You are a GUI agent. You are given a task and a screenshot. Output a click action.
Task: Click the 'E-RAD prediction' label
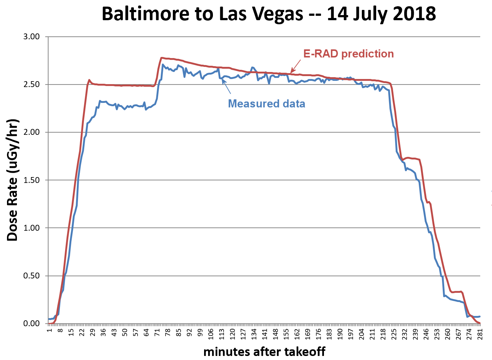click(348, 54)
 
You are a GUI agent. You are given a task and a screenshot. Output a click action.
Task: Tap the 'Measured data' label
click(267, 104)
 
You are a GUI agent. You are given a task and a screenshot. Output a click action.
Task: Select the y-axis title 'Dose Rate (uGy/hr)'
click(13, 180)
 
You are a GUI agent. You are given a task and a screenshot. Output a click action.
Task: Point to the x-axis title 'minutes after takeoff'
click(264, 352)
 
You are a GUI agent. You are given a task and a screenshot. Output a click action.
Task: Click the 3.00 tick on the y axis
click(32, 37)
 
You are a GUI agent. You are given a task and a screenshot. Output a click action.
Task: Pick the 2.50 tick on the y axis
click(32, 84)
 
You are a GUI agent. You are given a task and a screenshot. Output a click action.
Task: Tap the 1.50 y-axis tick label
click(32, 180)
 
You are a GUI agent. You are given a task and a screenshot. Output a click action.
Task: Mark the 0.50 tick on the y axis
click(32, 276)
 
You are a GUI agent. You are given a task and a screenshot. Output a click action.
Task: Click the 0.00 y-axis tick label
click(32, 323)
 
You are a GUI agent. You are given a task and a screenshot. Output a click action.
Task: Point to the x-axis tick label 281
click(480, 334)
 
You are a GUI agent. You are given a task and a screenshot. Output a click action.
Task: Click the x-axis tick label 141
click(265, 334)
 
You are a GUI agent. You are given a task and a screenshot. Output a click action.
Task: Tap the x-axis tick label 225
click(394, 334)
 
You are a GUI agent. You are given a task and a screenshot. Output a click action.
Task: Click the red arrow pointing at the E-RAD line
click(296, 66)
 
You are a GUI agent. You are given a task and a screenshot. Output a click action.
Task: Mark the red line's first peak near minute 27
click(89, 80)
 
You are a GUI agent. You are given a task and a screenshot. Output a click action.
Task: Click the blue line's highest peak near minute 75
click(163, 65)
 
